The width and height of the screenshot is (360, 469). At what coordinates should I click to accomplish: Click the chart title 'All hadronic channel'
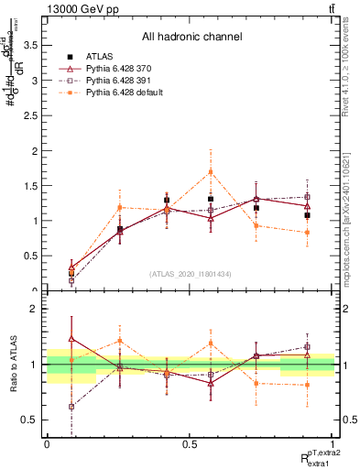click(191, 37)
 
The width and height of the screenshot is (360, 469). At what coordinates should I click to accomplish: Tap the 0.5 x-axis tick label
click(190, 444)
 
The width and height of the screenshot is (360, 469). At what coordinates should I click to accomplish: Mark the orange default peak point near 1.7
click(211, 171)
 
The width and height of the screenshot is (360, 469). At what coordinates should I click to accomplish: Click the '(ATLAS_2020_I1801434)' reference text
click(191, 273)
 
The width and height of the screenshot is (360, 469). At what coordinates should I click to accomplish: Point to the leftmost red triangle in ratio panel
click(71, 338)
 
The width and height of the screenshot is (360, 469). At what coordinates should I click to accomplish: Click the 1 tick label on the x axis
click(333, 444)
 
